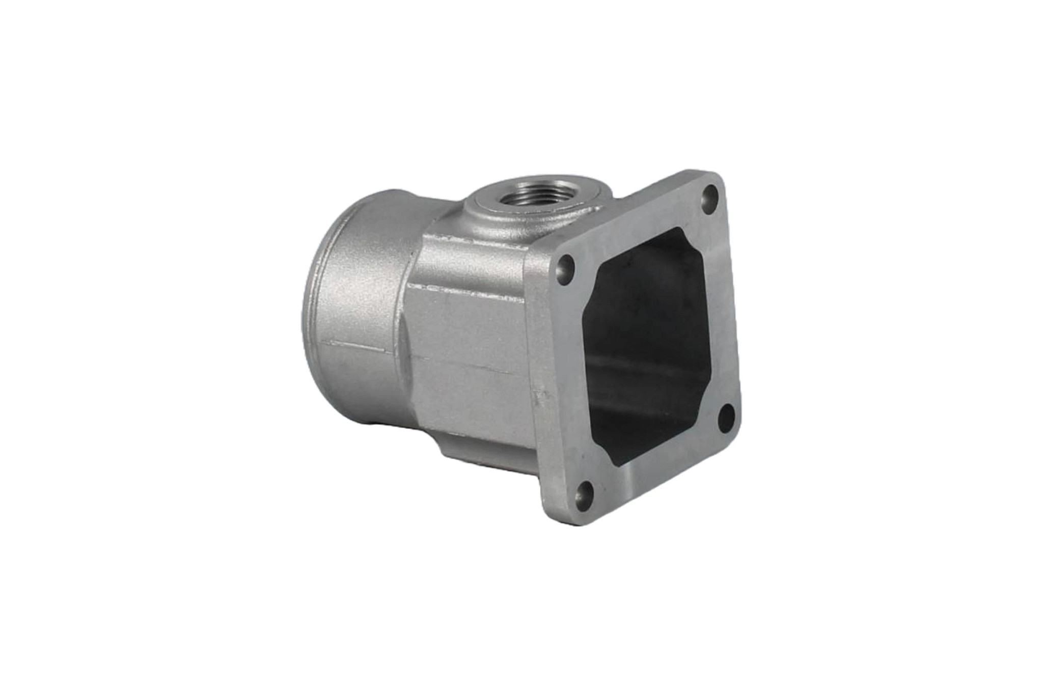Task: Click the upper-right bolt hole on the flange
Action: [x=707, y=194]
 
